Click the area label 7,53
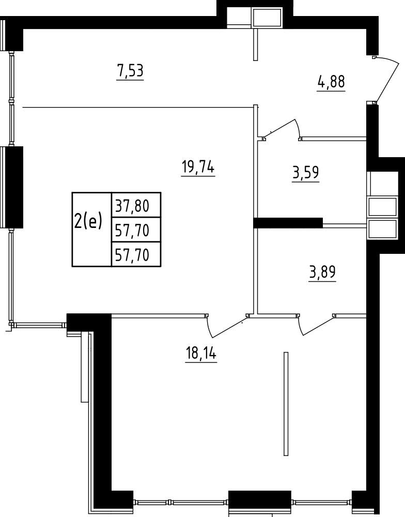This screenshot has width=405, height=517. coord(130,71)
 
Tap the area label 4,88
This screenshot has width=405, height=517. coord(331,82)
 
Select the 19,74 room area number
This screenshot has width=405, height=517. coord(198,168)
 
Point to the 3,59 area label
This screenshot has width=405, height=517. coord(305,173)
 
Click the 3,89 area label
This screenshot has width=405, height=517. coord(322,272)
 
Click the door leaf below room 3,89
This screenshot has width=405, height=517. coord(317,326)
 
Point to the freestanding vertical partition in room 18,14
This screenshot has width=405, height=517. coord(286,404)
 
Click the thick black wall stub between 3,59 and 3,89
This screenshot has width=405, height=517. coord(288,223)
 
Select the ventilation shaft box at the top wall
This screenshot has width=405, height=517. coord(267,18)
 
